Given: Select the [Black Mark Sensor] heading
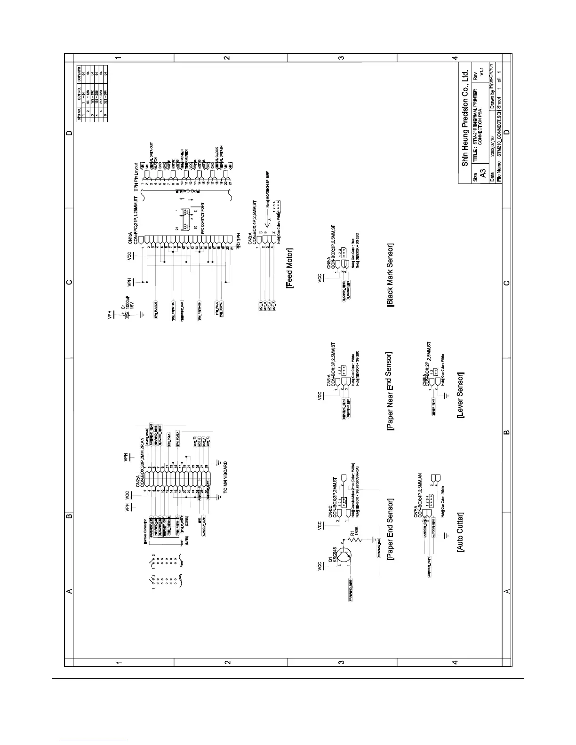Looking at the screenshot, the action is point(390,275).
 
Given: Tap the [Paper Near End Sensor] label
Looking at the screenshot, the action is point(389,391).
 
